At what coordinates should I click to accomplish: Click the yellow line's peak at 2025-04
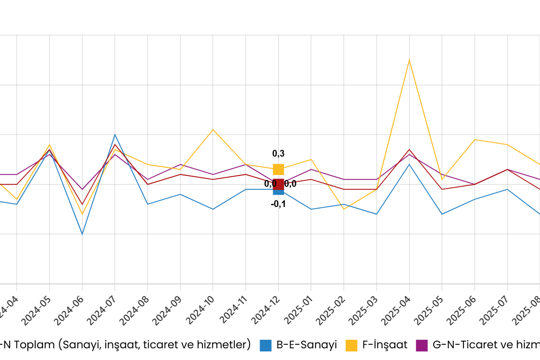(409, 60)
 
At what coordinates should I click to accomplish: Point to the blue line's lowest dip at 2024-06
(82, 234)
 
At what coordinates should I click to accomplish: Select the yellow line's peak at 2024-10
(213, 130)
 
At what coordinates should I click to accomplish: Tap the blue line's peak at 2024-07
(115, 135)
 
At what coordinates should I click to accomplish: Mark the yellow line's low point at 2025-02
(344, 209)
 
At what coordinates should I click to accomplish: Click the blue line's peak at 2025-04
(409, 164)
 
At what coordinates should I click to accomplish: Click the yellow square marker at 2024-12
(279, 169)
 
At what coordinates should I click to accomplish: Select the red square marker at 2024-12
(279, 184)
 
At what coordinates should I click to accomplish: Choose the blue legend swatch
(265, 346)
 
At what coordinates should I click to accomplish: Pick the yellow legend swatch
(351, 346)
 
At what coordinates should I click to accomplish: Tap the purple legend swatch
(422, 346)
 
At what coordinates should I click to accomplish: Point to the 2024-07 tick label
(102, 310)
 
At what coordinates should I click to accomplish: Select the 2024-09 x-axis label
(167, 310)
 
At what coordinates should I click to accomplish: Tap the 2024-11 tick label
(234, 310)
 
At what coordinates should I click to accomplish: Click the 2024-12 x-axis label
(266, 310)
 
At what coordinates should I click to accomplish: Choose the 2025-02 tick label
(331, 310)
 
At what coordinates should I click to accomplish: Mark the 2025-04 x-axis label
(396, 310)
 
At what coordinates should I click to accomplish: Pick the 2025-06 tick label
(462, 310)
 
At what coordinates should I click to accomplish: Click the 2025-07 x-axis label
(495, 310)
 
